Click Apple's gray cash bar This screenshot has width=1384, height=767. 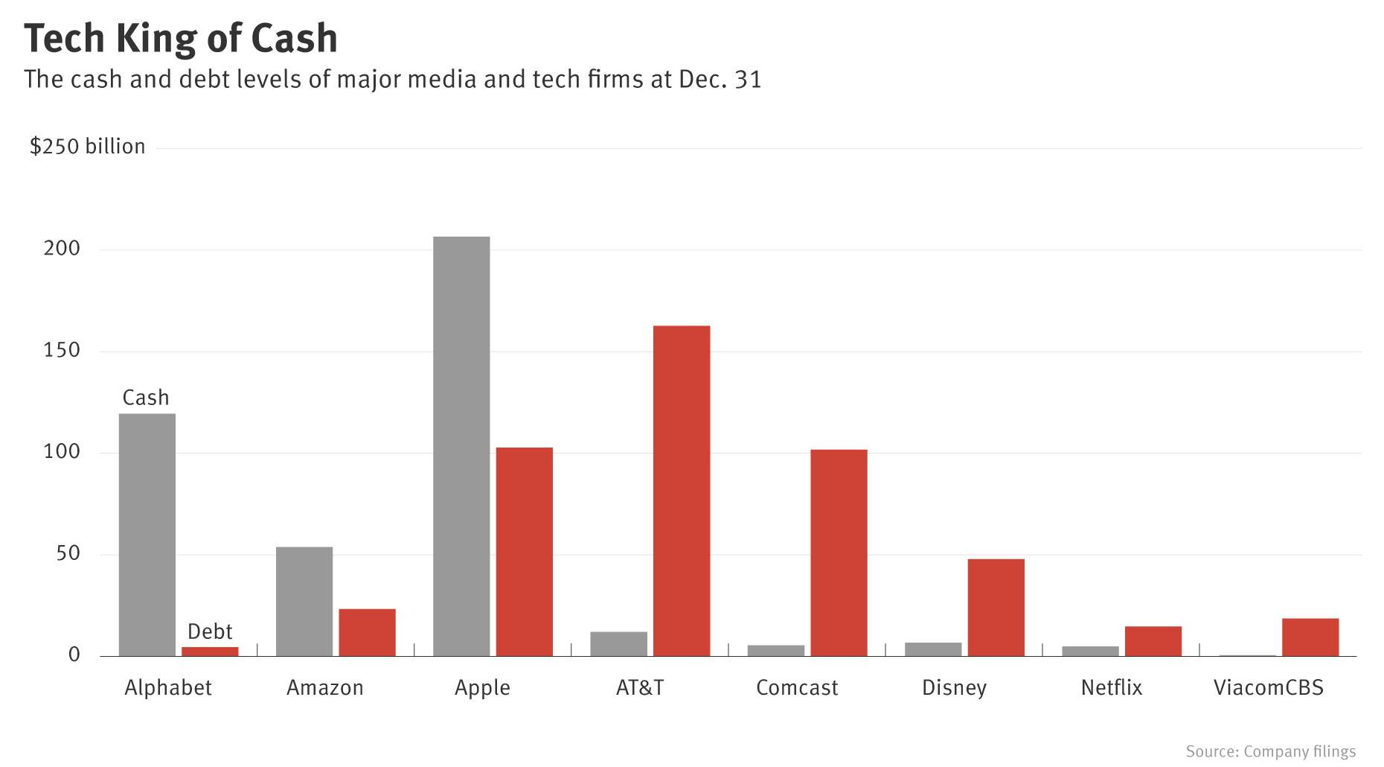tap(461, 447)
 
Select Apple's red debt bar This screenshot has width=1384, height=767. tap(525, 552)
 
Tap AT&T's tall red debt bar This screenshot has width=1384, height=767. tap(682, 491)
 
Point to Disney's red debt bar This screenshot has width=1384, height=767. tap(996, 608)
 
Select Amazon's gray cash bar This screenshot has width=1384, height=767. tap(304, 602)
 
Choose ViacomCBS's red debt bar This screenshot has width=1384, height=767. tap(1310, 637)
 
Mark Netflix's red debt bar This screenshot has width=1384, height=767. tap(1153, 641)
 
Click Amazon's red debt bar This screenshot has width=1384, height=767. tap(367, 632)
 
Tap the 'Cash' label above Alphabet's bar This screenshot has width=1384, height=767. tap(146, 398)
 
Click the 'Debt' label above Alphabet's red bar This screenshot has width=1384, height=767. tap(210, 631)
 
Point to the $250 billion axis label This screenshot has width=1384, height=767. tap(87, 146)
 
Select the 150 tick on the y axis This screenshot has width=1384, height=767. tap(62, 350)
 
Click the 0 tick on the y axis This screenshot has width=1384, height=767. tap(74, 655)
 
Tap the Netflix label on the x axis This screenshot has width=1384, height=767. tap(1111, 687)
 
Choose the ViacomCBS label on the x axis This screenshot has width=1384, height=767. tap(1268, 687)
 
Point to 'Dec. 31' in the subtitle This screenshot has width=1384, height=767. tap(720, 79)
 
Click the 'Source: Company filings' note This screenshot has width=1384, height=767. tap(1270, 751)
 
